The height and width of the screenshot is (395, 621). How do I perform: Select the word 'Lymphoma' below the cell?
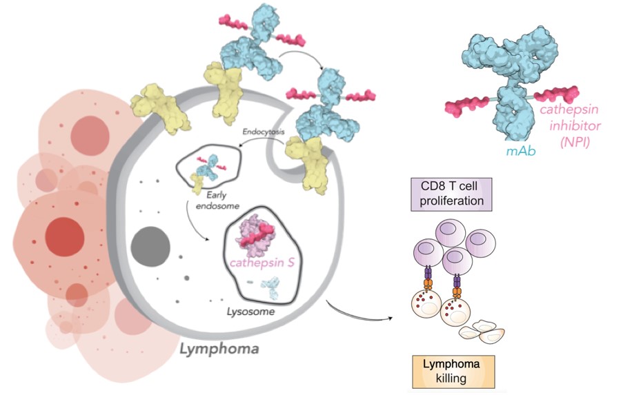pyautogui.click(x=219, y=349)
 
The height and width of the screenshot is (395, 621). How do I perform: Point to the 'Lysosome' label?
pyautogui.click(x=252, y=312)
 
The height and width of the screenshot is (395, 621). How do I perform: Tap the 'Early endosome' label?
pyautogui.click(x=207, y=199)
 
